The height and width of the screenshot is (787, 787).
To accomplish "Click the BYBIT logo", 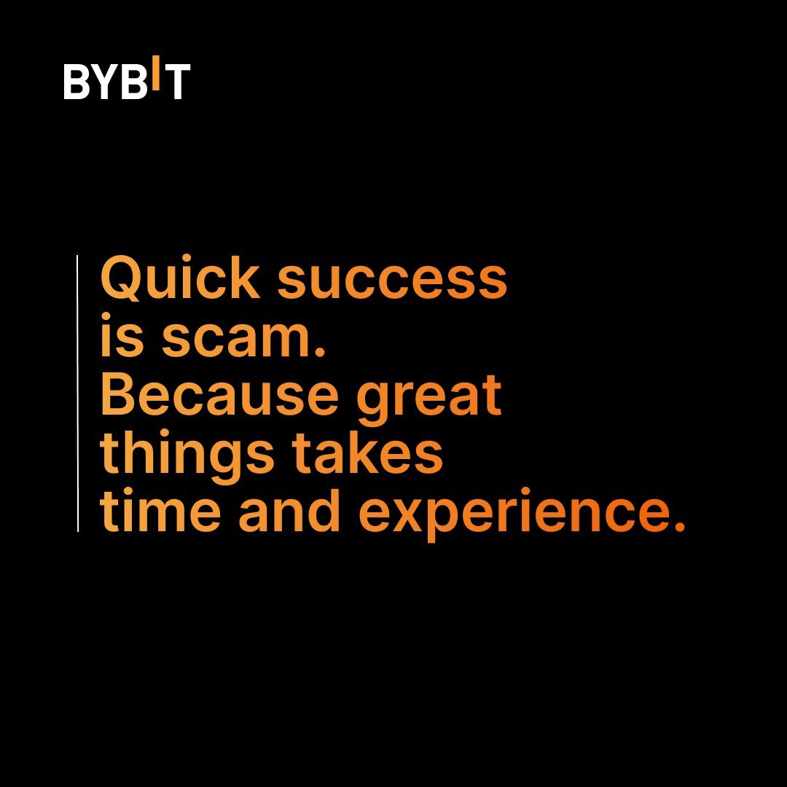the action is [x=127, y=77].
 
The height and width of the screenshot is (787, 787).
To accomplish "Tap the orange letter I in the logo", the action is [x=156, y=73].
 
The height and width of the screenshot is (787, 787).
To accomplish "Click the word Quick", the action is [x=180, y=278].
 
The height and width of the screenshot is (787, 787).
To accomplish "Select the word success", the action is [x=392, y=283].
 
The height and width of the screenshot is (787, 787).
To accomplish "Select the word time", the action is [x=160, y=509].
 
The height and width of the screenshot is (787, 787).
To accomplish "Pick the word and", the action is [x=289, y=509].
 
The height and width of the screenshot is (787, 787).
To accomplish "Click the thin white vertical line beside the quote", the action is [x=78, y=393].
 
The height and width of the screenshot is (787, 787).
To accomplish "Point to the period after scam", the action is [x=320, y=351].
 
